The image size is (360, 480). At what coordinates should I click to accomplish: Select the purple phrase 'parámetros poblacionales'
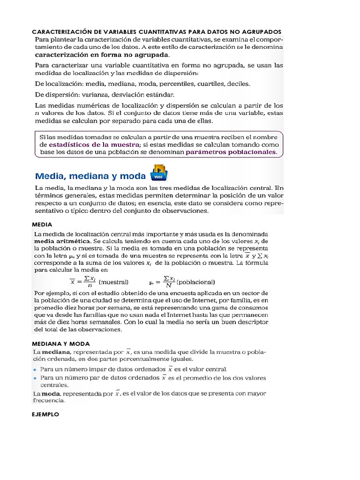point(231,152)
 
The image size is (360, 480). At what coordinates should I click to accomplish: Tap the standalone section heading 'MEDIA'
point(42,225)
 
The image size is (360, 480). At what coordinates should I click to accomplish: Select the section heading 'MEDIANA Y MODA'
point(61,344)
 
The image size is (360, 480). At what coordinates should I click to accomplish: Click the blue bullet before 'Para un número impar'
point(35,369)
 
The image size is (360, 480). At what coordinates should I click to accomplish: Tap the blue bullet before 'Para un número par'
point(35,377)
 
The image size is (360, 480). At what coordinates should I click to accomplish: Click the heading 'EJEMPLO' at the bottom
point(45,414)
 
